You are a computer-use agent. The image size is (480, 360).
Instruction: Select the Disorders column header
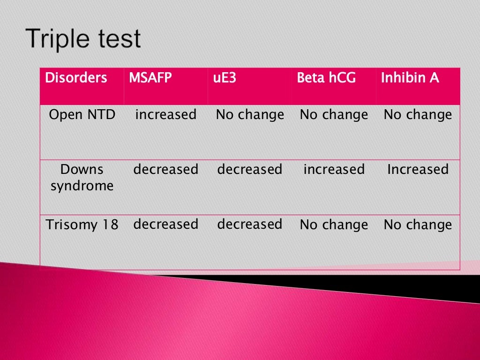76,78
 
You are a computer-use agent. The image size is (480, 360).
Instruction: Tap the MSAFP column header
150,78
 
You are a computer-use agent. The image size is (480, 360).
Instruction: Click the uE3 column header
224,78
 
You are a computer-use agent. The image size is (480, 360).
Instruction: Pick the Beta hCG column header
326,78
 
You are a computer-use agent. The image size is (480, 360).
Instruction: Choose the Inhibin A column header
410,78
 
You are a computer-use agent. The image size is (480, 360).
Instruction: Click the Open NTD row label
82,115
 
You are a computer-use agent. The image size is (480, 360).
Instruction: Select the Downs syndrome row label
82,178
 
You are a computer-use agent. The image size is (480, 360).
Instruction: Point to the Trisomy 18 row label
82,225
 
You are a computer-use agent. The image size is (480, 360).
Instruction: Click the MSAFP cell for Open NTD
166,115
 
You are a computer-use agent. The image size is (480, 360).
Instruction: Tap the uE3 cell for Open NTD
250,115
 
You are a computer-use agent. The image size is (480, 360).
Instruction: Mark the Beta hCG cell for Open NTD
334,115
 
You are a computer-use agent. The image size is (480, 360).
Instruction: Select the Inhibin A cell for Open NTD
418,115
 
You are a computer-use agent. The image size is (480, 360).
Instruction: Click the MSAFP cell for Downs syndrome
166,169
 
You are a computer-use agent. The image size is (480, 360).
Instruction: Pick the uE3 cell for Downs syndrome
250,169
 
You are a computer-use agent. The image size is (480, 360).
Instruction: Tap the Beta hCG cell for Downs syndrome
334,169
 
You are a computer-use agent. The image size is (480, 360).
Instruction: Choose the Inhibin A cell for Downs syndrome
418,169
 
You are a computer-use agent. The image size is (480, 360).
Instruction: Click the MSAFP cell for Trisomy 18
166,225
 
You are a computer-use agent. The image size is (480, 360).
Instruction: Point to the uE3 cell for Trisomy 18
250,225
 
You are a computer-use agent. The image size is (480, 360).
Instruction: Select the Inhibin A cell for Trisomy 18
418,225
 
